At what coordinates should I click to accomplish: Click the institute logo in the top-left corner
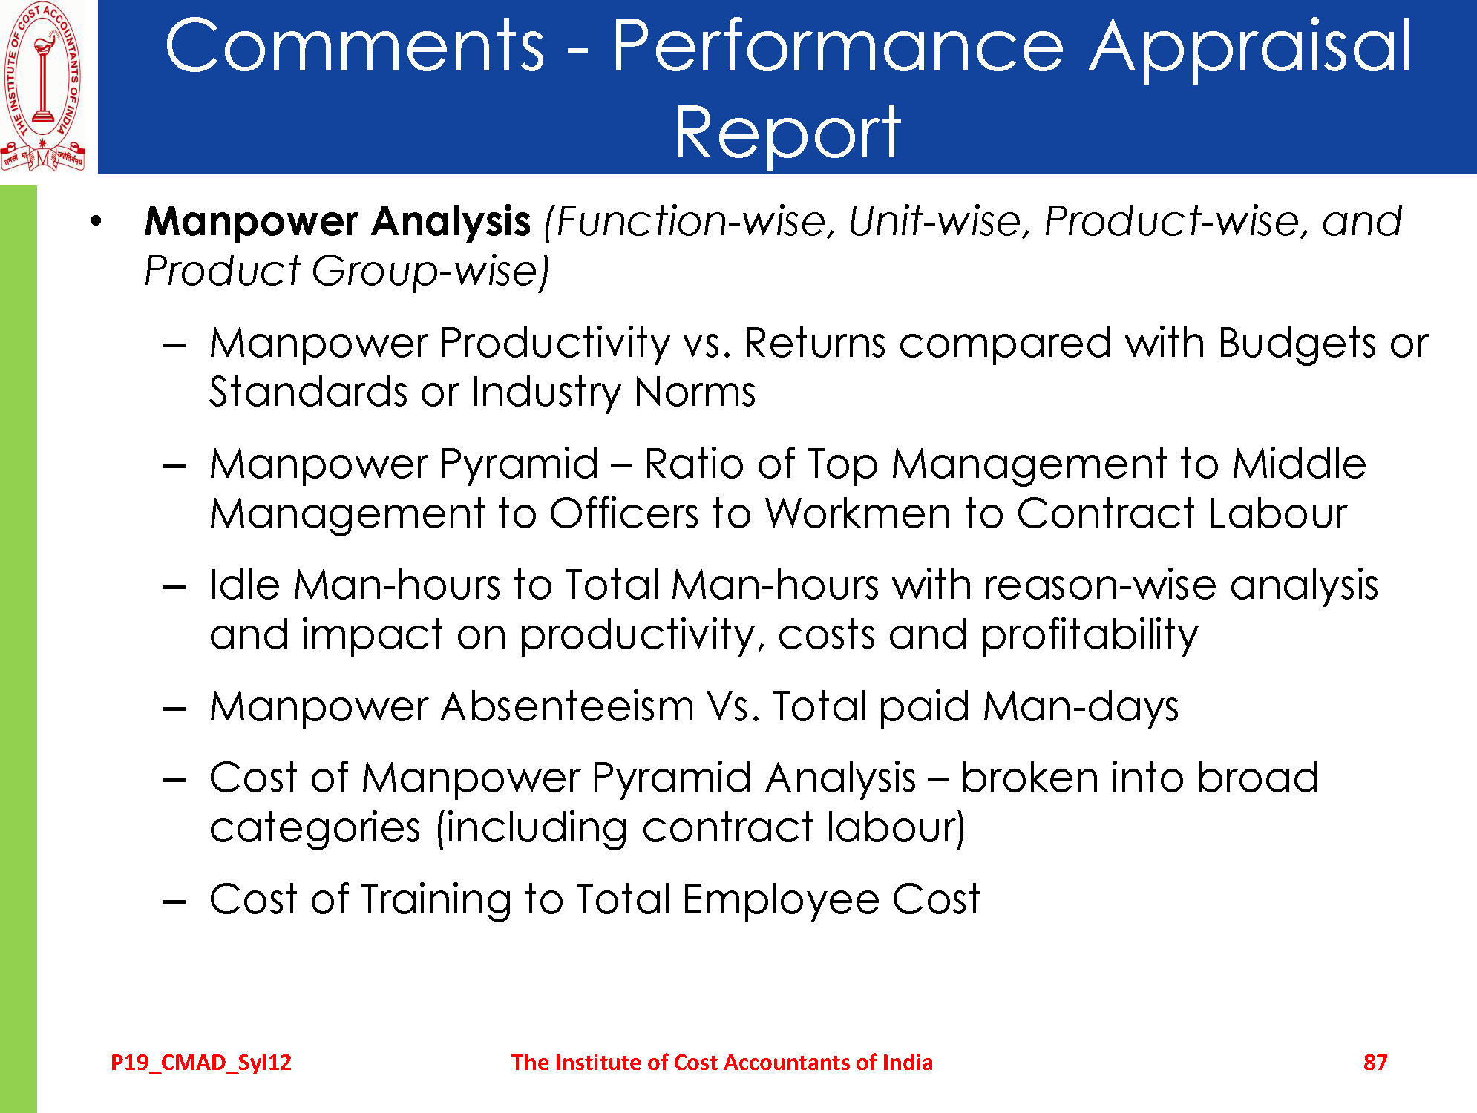[x=43, y=87]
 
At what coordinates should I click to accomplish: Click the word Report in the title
[x=787, y=132]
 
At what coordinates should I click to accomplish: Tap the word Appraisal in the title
[x=1250, y=46]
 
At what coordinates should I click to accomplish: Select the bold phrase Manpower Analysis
[x=338, y=221]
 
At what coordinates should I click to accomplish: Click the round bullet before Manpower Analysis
[x=95, y=221]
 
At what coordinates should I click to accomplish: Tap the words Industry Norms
[x=613, y=392]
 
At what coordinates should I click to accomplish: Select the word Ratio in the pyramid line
[x=695, y=464]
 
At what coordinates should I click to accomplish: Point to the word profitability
[x=1089, y=635]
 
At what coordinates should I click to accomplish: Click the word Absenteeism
[x=567, y=706]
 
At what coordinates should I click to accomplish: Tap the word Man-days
[x=1080, y=706]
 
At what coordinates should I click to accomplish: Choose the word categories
[x=315, y=828]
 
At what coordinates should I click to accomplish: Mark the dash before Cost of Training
[x=174, y=902]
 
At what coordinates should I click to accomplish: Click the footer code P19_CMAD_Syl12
[x=201, y=1063]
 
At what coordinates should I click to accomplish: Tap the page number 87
[x=1375, y=1063]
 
